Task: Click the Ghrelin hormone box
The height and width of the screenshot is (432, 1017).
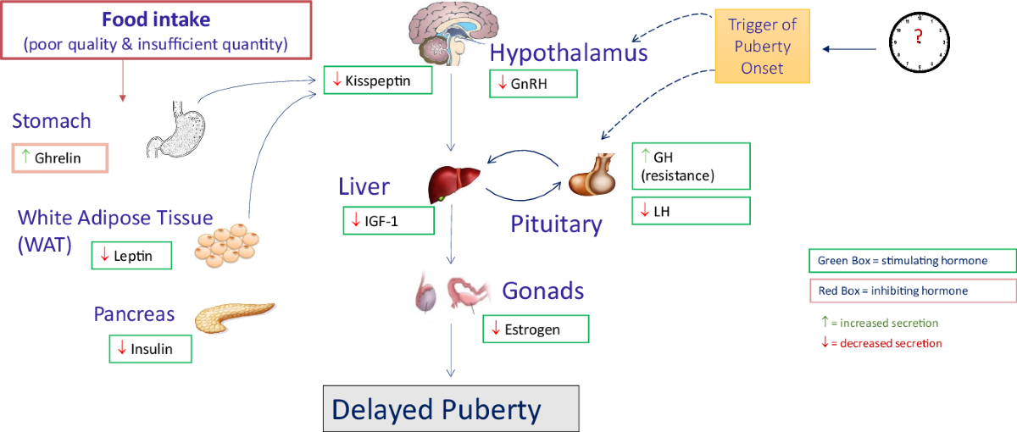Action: pos(59,158)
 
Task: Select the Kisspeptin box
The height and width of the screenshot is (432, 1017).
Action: pos(378,81)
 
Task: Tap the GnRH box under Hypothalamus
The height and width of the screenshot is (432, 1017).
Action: pos(533,83)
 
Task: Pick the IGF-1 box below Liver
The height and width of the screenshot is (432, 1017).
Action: pos(388,220)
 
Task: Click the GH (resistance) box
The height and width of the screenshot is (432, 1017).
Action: pos(691,166)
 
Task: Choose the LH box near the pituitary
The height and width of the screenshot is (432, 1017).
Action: pos(691,211)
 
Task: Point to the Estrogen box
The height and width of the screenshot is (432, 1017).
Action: pos(536,329)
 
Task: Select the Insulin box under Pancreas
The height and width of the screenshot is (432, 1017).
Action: pos(150,349)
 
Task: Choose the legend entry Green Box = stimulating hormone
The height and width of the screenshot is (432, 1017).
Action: pos(913,261)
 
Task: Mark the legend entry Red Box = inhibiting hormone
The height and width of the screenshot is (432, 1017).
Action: pos(913,291)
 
